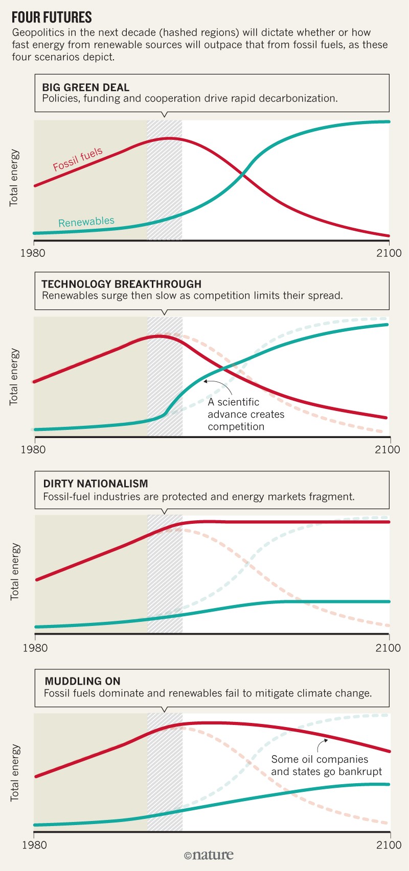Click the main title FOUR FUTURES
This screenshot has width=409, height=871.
(52, 17)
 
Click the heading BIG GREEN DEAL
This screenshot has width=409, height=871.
(86, 87)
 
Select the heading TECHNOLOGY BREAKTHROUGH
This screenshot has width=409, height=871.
(121, 284)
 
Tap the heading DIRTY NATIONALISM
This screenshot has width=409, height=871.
(96, 483)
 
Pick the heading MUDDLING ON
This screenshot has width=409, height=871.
(82, 681)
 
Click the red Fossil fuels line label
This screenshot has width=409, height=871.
(78, 159)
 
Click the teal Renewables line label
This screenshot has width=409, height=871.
(86, 222)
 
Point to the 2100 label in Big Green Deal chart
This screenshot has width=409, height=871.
(388, 253)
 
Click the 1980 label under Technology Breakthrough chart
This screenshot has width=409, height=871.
(35, 450)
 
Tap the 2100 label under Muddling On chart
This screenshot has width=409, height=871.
(388, 844)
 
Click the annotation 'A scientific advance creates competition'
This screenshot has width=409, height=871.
(246, 414)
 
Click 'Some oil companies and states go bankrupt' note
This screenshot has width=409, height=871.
(326, 765)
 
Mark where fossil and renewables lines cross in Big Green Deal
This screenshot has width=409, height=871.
(243, 175)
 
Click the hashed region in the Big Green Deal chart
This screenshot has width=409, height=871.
(165, 180)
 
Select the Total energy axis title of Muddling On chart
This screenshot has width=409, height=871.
(15, 772)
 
